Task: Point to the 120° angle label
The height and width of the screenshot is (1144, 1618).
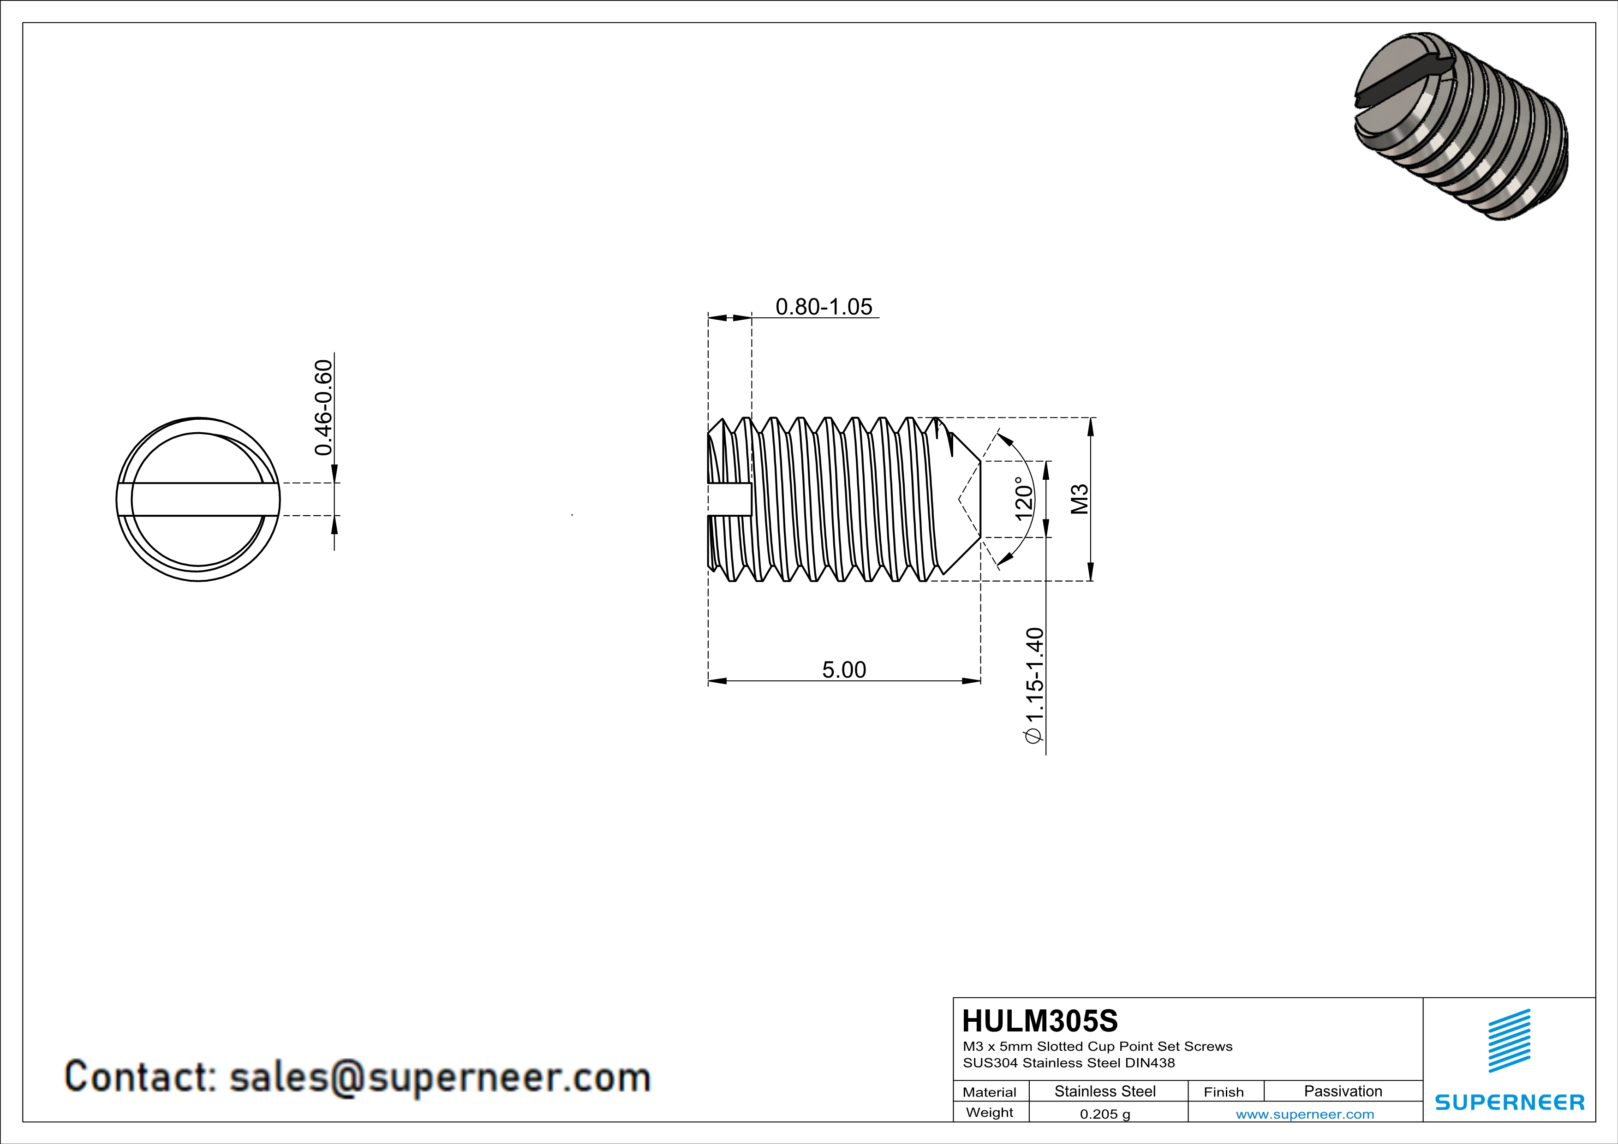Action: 1024,499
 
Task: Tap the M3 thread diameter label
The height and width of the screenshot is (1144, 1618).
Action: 1080,499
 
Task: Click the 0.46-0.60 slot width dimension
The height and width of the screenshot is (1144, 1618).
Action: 323,408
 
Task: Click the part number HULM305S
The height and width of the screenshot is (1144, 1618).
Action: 1040,1021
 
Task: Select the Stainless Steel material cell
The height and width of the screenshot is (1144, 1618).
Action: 1105,1091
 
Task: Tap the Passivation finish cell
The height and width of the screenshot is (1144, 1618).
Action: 1343,1091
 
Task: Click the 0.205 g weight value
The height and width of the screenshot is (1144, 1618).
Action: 1105,1114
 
